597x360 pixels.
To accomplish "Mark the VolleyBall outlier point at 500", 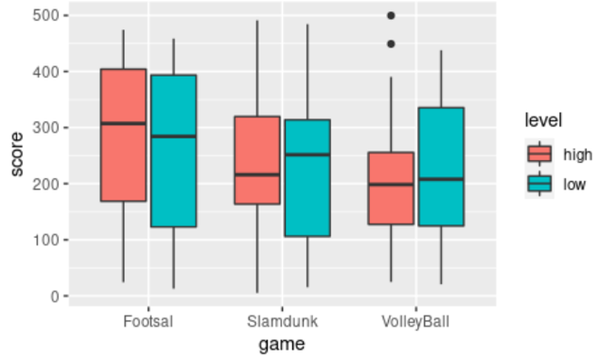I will tap(391, 15).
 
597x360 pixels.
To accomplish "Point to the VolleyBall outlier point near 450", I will tap(391, 43).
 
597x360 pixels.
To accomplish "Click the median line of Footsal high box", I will tap(123, 123).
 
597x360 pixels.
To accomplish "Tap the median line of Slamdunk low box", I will tap(307, 155).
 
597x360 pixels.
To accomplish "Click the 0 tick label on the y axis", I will tap(53, 296).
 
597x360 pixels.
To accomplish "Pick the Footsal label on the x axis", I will tap(148, 321).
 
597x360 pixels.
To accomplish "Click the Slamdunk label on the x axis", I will tap(282, 321).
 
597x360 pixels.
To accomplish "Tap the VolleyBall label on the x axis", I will tap(416, 321).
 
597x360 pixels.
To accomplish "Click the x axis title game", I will tap(281, 345).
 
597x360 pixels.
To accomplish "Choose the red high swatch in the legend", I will tap(539, 155).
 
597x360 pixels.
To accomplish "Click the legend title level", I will tap(543, 120).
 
